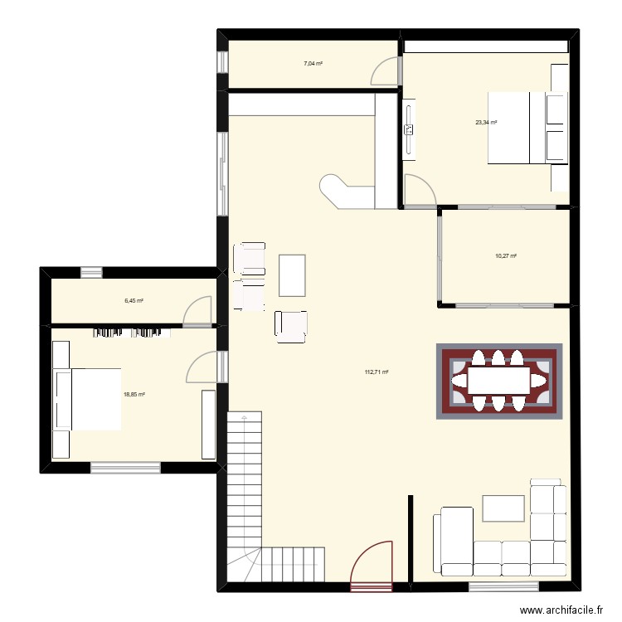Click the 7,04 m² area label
(x=313, y=63)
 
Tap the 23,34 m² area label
(x=486, y=123)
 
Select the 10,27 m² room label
(x=506, y=256)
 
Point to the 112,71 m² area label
(x=377, y=372)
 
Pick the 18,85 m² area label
(x=134, y=396)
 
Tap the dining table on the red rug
(x=499, y=381)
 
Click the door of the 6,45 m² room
(x=199, y=310)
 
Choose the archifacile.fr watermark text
(x=562, y=610)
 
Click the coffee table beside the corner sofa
(x=503, y=508)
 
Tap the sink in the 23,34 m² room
(x=409, y=129)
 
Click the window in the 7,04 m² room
(x=222, y=63)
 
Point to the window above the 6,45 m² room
(x=91, y=271)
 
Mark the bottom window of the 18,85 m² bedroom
(x=125, y=469)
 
